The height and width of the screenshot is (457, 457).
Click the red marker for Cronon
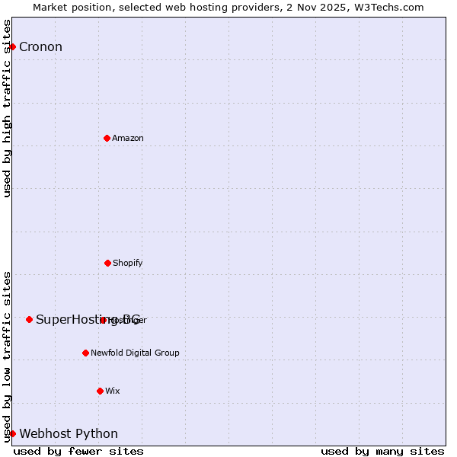12,47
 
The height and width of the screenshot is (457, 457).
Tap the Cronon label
40,47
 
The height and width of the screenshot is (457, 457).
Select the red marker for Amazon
107,138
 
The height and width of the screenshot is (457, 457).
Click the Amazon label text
128,139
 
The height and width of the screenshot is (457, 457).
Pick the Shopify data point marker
107,263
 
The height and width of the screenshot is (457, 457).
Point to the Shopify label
128,264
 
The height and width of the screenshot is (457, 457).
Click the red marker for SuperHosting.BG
29,319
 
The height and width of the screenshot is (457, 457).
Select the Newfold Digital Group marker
85,353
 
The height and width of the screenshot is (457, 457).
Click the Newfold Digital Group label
135,353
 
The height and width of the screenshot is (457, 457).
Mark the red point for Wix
100,391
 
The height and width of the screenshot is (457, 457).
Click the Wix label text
113,391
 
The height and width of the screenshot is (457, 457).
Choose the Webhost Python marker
12,433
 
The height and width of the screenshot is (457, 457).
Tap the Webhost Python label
69,434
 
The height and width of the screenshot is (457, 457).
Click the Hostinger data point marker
103,320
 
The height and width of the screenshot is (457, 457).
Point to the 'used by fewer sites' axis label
78,451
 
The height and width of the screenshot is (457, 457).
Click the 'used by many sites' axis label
382,451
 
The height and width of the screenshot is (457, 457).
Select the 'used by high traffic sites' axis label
7,108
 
